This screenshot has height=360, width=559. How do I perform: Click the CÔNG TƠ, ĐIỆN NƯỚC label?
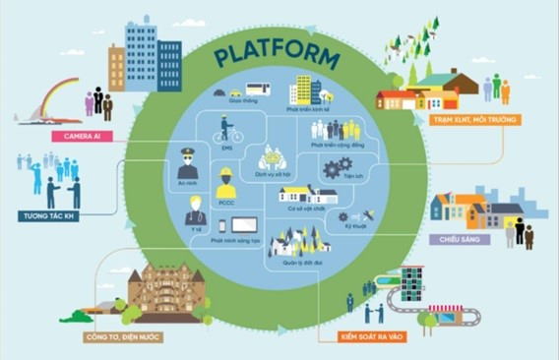point(124,337)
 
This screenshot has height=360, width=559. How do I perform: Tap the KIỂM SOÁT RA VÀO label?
point(363,337)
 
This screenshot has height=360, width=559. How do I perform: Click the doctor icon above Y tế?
point(196,210)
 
